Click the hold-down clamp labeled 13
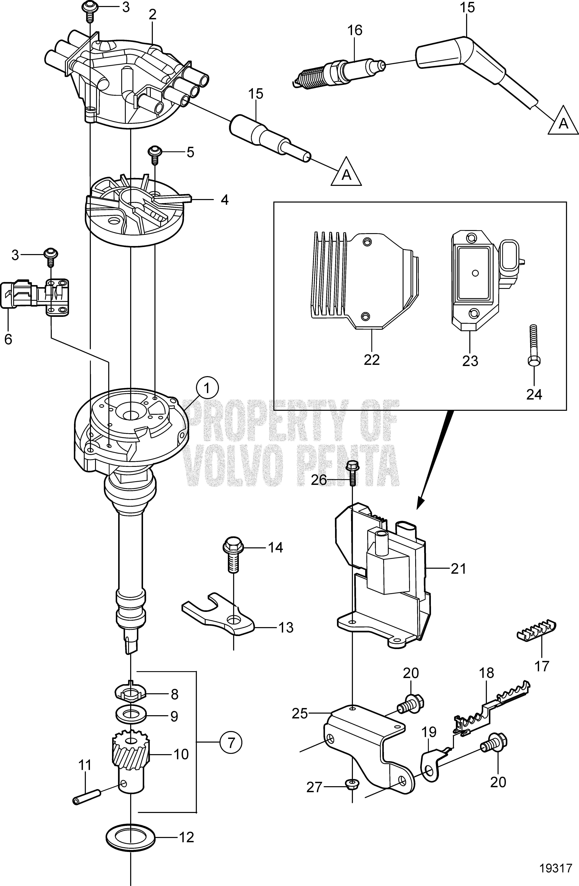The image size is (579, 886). click(x=220, y=620)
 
